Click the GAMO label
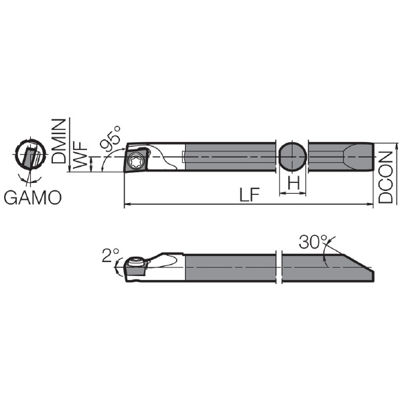click(x=33, y=198)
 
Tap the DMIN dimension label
click(x=58, y=141)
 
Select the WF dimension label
click(x=80, y=155)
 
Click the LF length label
click(x=249, y=194)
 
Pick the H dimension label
click(x=293, y=184)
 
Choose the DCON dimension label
click(x=385, y=177)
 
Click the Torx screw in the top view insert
click(x=135, y=161)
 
